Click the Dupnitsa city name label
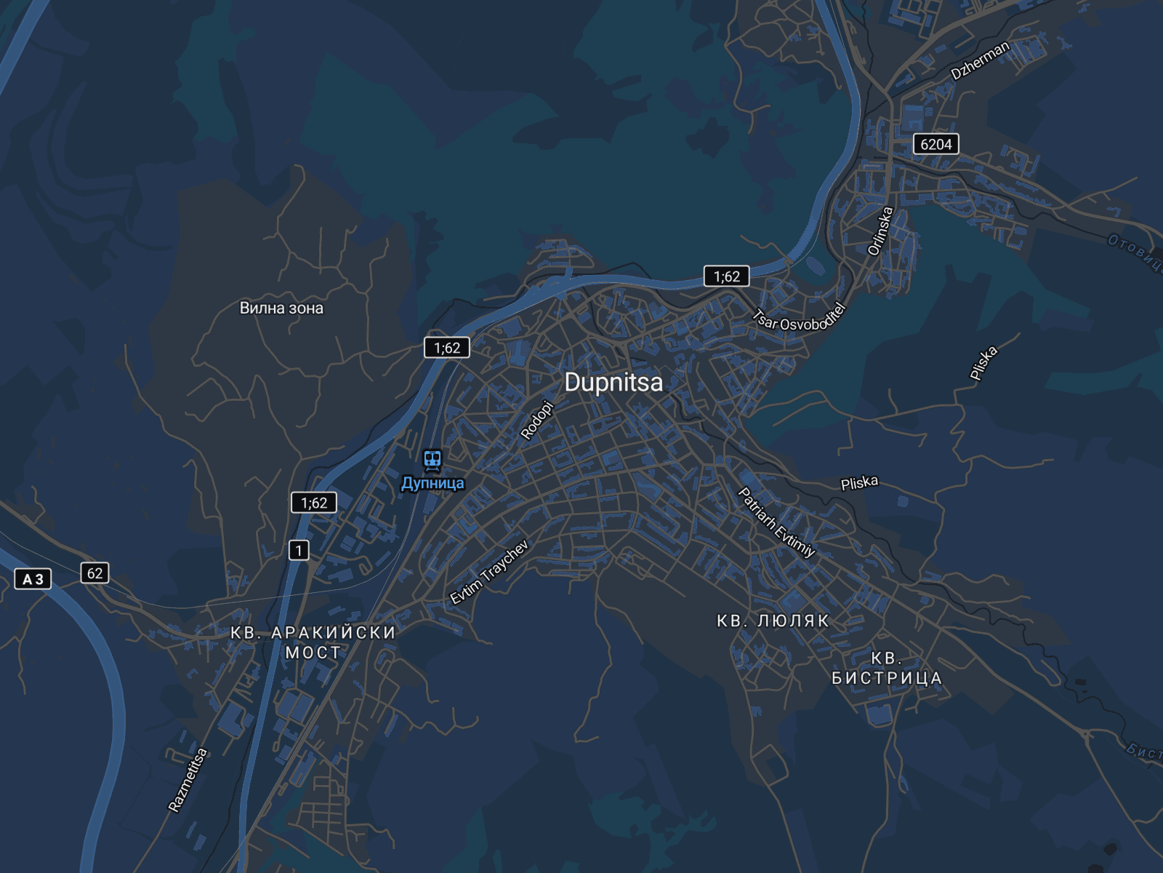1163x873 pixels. [x=613, y=383]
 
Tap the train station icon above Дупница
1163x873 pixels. [x=432, y=459]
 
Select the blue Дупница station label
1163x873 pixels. [x=432, y=483]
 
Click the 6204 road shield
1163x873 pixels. [x=935, y=144]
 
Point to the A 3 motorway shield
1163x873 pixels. [x=33, y=579]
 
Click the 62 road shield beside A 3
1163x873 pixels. [x=95, y=573]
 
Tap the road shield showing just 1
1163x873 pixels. [x=299, y=551]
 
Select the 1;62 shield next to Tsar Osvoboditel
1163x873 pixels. [x=726, y=276]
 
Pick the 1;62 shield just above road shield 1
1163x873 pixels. [x=314, y=503]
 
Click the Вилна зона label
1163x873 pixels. [x=281, y=308]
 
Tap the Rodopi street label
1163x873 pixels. [x=538, y=420]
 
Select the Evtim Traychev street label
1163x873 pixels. [x=489, y=573]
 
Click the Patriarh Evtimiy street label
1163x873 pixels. [x=776, y=522]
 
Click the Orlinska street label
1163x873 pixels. [x=880, y=231]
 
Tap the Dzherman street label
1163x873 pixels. [x=981, y=60]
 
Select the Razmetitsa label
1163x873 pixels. [x=188, y=780]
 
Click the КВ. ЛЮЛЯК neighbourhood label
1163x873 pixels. [x=773, y=621]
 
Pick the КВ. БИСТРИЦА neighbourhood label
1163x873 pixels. [x=887, y=669]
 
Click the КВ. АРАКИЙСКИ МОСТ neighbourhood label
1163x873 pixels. [x=313, y=642]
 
